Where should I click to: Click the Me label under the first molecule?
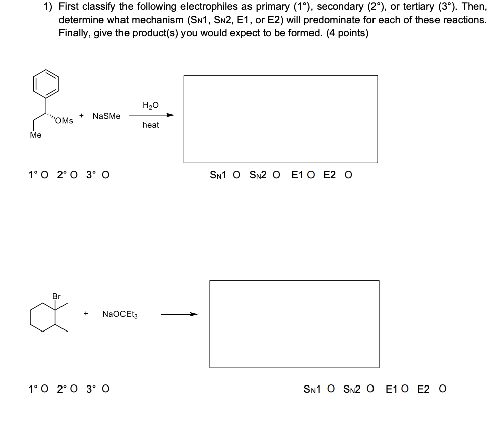click(36, 135)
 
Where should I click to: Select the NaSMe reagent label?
click(107, 116)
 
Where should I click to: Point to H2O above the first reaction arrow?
click(150, 105)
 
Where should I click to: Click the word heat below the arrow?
click(150, 125)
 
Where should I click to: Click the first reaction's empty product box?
click(280, 119)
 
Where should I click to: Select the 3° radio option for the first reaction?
click(106, 175)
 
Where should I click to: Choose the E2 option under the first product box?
click(348, 175)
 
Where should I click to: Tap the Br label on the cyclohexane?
click(56, 296)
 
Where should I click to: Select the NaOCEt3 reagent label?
click(119, 314)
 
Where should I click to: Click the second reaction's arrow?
click(179, 314)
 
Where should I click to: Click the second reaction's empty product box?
click(294, 324)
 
